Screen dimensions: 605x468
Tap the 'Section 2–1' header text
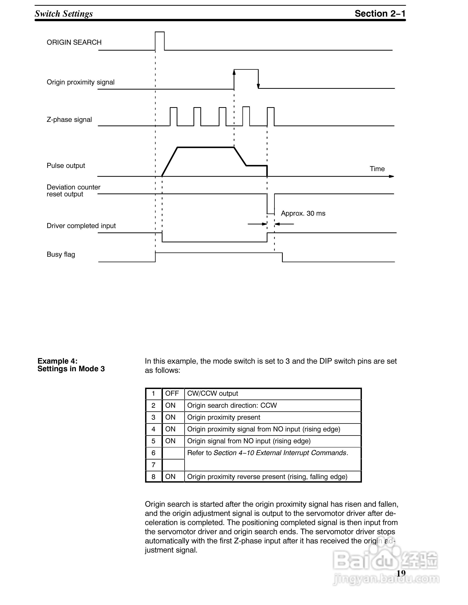pos(380,14)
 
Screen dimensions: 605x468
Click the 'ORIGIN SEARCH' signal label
pos(74,42)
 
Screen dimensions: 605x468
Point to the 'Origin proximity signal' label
pos(80,82)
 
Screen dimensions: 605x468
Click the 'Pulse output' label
pos(66,166)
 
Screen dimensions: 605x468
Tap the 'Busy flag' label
pos(61,255)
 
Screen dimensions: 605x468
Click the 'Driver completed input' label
pos(81,226)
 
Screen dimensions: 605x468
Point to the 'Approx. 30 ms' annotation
pos(303,213)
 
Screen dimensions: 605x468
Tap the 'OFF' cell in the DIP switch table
pos(172,394)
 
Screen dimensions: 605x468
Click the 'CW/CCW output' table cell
pos(212,394)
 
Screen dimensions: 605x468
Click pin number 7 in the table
pos(153,465)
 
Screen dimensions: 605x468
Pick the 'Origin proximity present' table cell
pos(223,417)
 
